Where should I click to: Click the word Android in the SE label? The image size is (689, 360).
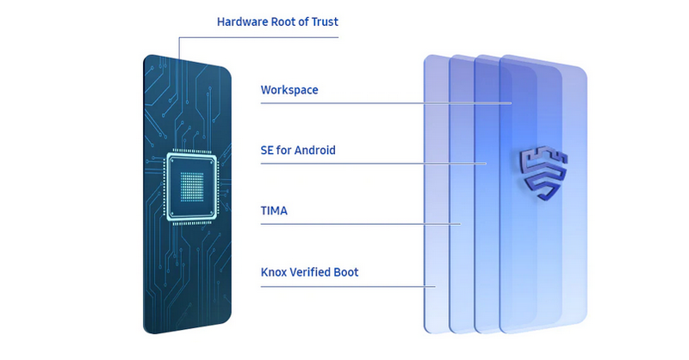(313, 150)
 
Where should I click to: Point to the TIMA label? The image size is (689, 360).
(275, 209)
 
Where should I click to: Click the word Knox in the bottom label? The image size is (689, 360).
(275, 273)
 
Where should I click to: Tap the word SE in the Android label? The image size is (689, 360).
(267, 150)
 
